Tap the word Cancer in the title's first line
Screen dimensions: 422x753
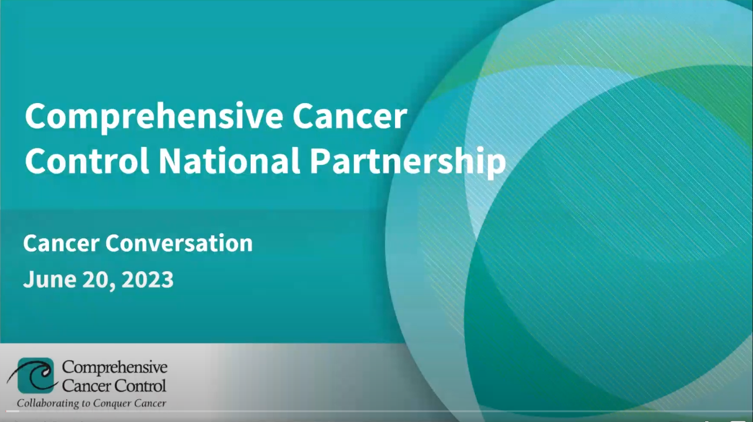coord(350,116)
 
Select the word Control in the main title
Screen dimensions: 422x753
coord(87,161)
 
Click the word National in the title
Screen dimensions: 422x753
coord(229,161)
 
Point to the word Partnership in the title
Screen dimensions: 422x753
coord(407,161)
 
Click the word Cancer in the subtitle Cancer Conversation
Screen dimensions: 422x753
coord(61,243)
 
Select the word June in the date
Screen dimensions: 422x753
coord(50,279)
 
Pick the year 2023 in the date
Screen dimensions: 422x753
coord(148,279)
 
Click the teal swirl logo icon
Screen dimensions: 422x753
coord(35,375)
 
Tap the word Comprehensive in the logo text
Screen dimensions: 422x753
coord(114,367)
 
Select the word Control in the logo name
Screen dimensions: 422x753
coord(140,385)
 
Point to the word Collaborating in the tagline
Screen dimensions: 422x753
coord(48,403)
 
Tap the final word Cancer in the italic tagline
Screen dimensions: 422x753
coord(150,403)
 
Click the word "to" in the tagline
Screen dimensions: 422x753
coord(86,403)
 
